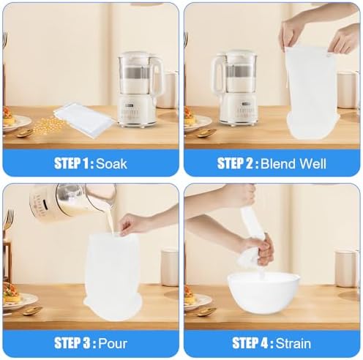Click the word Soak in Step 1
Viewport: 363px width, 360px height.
click(x=111, y=163)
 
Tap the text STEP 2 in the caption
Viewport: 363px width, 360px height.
click(x=236, y=163)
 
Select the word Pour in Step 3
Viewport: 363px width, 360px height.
click(x=113, y=343)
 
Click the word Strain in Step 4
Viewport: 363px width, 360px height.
click(x=293, y=343)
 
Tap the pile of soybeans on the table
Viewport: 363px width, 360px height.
click(x=48, y=125)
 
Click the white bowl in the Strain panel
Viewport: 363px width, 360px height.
click(x=263, y=293)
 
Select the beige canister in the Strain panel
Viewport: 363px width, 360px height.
click(x=346, y=269)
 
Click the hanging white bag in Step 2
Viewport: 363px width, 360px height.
click(x=312, y=93)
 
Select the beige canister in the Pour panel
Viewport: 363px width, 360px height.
click(x=170, y=267)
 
